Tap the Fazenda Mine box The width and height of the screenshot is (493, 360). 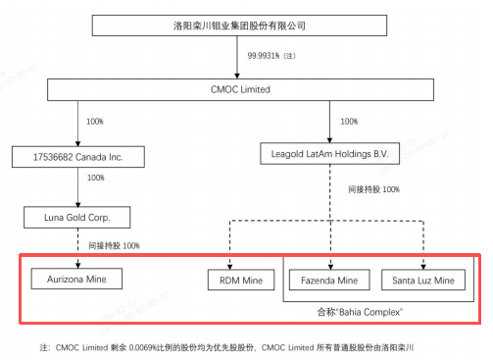[329, 281]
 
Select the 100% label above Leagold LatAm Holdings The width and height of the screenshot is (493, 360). [349, 123]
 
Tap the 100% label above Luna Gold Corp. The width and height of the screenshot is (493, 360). [95, 179]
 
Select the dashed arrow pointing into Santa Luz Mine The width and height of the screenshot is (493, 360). [422, 245]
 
